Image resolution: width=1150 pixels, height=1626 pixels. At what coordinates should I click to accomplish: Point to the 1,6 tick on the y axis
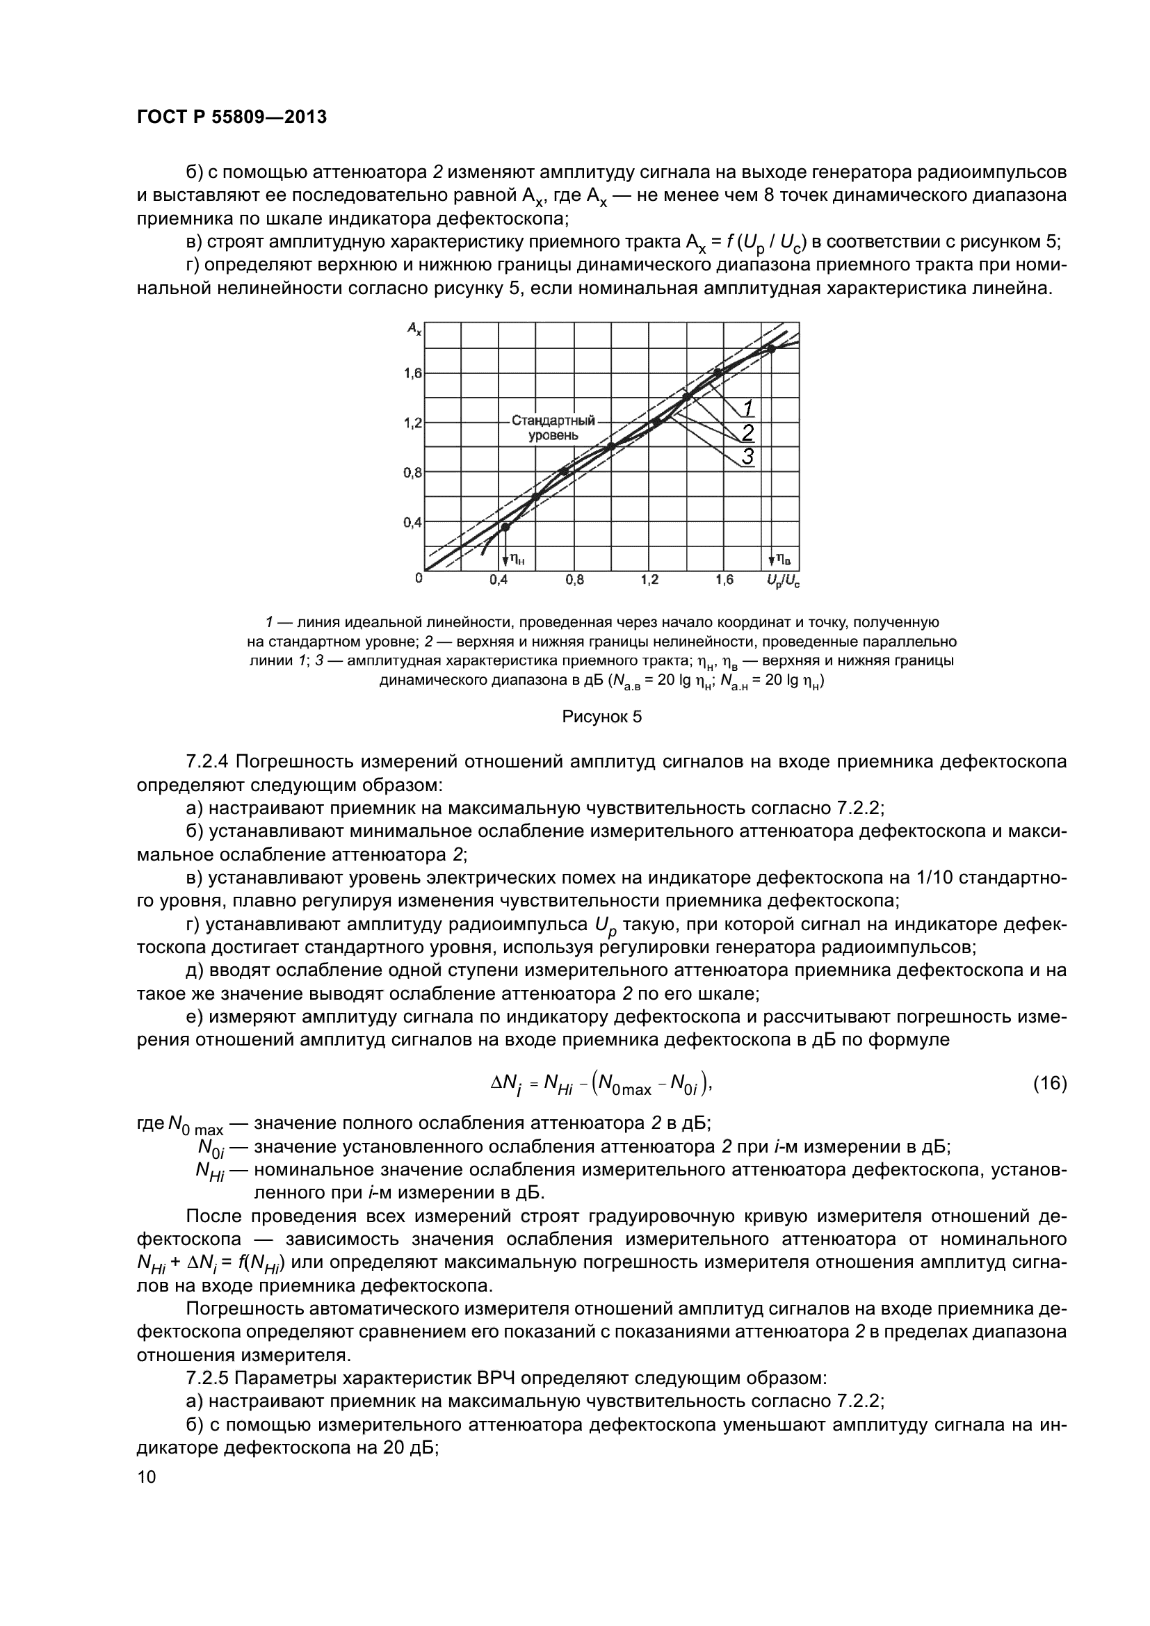click(413, 373)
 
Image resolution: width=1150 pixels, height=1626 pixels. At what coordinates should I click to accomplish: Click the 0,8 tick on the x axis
click(574, 580)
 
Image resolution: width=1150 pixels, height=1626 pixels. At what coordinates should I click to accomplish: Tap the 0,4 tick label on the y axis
click(413, 523)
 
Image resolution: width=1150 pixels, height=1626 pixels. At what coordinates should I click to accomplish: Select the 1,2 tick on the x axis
click(649, 580)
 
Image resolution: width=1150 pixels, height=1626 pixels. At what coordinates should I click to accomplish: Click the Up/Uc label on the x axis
click(782, 581)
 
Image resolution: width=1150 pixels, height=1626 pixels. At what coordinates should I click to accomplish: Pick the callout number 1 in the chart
click(748, 408)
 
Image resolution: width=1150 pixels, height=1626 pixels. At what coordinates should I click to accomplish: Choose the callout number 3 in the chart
click(748, 457)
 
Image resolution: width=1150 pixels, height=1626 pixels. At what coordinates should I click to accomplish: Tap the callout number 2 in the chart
click(748, 432)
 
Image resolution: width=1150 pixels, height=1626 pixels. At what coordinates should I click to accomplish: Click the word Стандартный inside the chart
click(553, 421)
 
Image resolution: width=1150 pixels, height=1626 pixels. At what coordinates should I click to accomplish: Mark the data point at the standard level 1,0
click(611, 446)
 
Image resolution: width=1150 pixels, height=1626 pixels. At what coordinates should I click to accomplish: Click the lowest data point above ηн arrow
click(505, 526)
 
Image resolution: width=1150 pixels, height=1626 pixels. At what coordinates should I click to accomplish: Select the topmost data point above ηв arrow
click(771, 348)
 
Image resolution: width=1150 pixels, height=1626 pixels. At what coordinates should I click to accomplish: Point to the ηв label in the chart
click(783, 560)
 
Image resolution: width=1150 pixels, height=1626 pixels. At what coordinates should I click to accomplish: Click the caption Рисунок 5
click(602, 717)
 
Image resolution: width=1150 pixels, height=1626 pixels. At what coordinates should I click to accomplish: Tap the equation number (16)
click(1049, 1083)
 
